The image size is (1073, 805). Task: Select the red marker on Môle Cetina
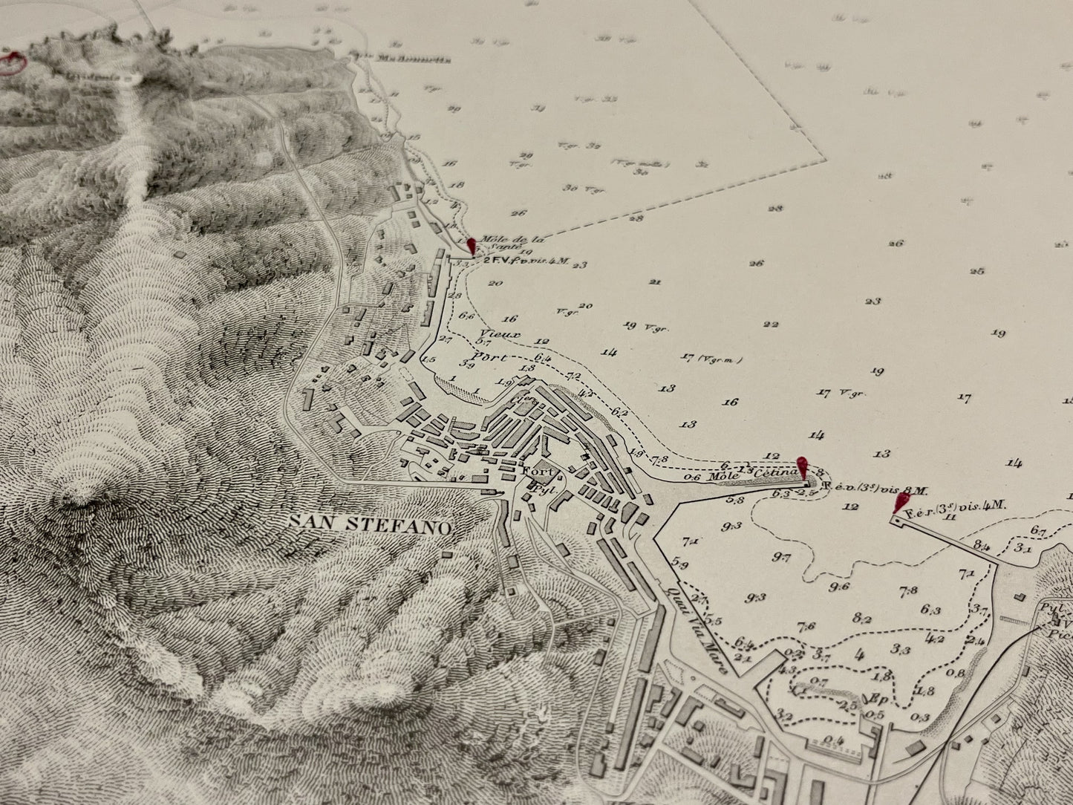[801, 467]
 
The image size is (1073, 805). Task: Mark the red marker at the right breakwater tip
[903, 503]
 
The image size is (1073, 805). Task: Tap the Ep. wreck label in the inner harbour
[874, 699]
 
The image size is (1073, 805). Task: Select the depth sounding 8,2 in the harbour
[862, 616]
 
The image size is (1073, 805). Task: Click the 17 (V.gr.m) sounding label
[711, 359]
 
